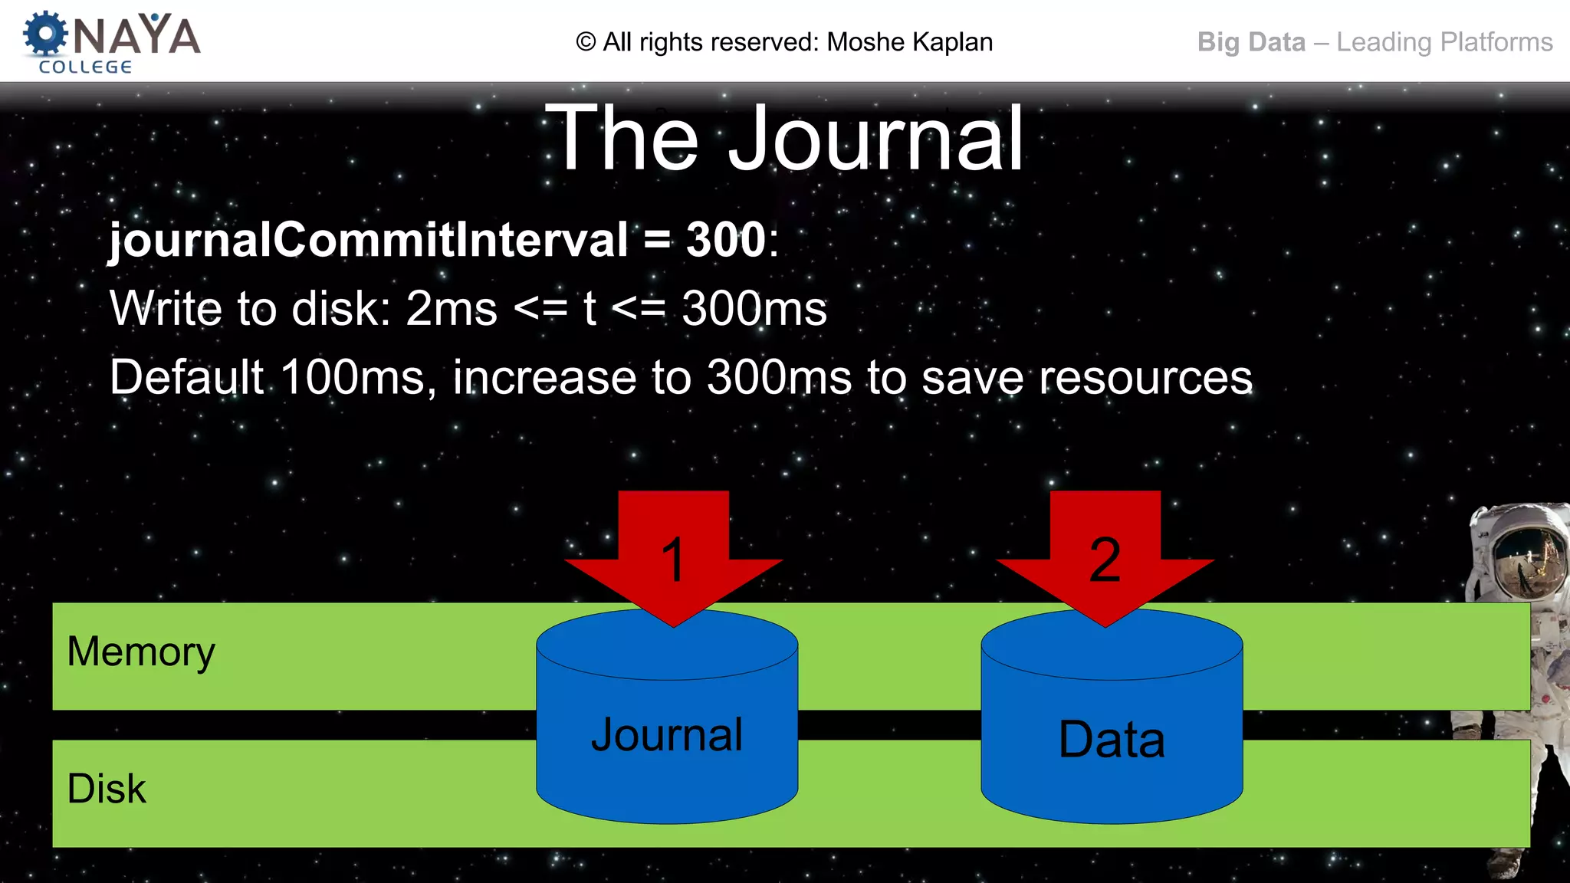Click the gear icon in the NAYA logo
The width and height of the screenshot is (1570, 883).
(45, 34)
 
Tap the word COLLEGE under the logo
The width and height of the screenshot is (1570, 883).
(85, 67)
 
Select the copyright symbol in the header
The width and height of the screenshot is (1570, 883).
(586, 42)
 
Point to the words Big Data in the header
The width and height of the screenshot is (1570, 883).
(1251, 42)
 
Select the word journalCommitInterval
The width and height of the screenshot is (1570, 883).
(368, 240)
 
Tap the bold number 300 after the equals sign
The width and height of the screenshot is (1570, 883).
(726, 240)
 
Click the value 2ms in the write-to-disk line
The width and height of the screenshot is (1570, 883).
(452, 309)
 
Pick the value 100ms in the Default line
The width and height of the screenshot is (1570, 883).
(353, 377)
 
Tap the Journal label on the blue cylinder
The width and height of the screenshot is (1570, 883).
(667, 734)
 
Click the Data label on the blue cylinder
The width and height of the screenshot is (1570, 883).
(1112, 740)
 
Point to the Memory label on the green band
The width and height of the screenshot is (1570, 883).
(141, 652)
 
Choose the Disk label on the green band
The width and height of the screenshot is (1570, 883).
(107, 789)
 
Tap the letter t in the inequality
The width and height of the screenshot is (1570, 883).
(589, 309)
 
